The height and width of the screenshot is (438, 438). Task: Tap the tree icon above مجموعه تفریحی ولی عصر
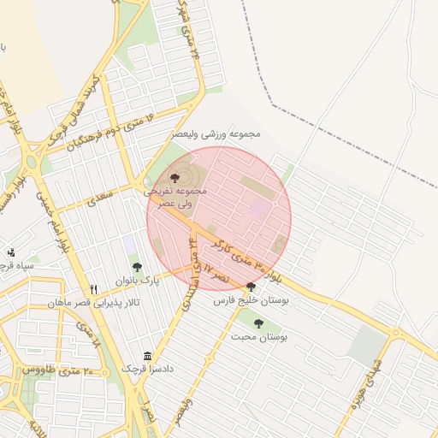pos(175,178)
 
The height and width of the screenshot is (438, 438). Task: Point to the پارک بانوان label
pos(139,280)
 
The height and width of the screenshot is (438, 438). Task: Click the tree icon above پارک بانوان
pos(137,268)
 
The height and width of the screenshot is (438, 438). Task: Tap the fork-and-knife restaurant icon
pos(94,289)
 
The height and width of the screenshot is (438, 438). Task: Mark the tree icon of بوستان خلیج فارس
pos(251,287)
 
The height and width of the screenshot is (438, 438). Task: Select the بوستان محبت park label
pos(258,337)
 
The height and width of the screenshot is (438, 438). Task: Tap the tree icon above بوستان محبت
pos(258,323)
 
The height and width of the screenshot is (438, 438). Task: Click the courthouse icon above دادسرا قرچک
pos(148,356)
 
